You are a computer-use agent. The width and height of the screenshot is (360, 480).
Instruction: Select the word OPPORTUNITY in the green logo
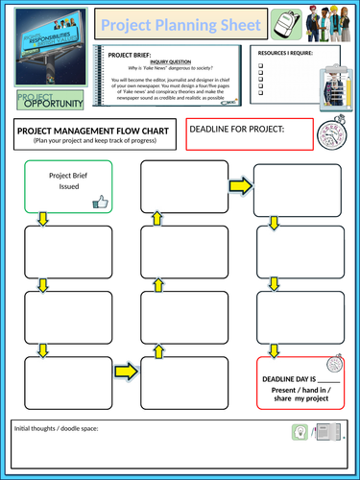coord(56,103)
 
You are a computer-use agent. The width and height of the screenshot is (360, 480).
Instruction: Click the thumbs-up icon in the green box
coord(100,202)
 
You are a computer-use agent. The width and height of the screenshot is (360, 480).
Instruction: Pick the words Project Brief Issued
coord(68,181)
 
